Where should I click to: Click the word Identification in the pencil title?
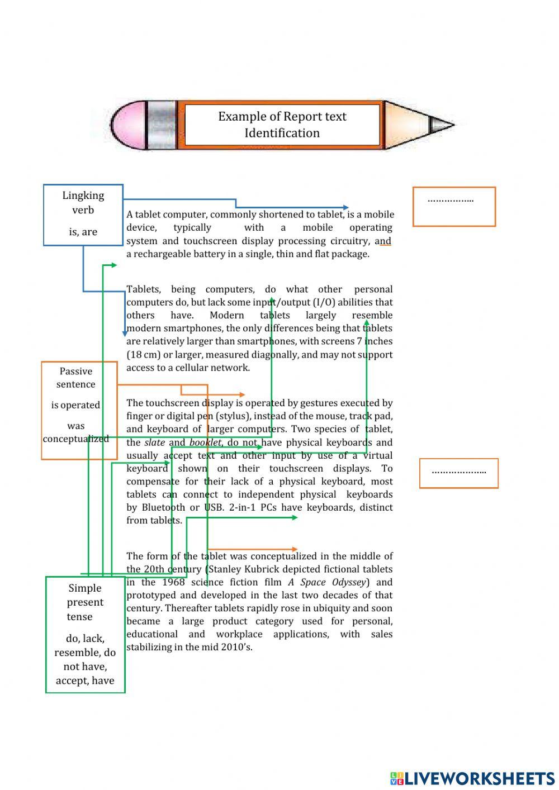[282, 133]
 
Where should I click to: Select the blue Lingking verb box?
[83, 215]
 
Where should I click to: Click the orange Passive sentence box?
[79, 410]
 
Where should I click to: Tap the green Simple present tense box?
[85, 634]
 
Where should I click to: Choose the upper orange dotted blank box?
[454, 207]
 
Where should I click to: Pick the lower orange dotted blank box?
[458, 473]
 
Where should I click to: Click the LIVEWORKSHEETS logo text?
[479, 778]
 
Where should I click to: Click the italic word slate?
[154, 442]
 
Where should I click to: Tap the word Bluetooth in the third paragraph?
[163, 507]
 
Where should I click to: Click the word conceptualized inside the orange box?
[76, 439]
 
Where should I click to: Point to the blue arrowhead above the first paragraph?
[345, 207]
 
